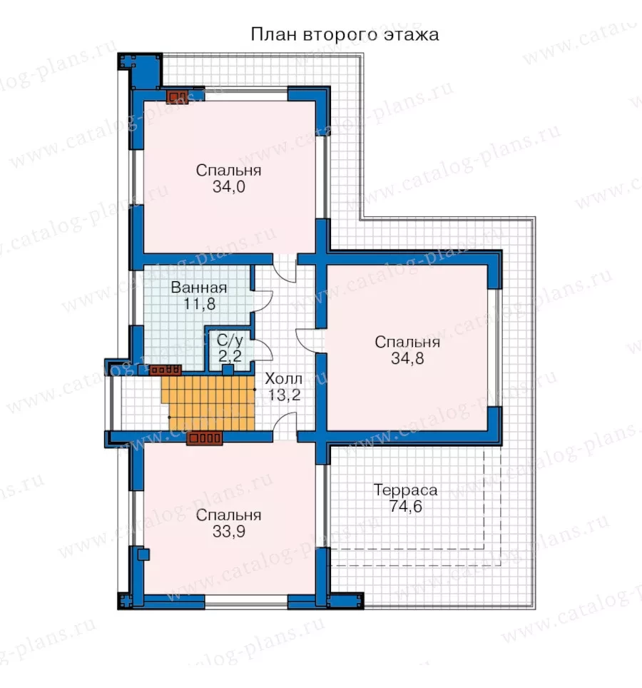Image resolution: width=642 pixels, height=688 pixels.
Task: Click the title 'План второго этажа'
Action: pos(345,35)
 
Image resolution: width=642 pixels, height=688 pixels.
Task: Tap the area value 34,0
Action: pos(229,187)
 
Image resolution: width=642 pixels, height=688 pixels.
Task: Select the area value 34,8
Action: pos(407,358)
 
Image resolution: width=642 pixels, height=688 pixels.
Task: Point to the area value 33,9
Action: pos(229,532)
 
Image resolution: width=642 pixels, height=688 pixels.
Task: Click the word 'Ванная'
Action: pos(199,288)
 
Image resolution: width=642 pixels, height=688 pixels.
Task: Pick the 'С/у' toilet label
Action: pos(230,340)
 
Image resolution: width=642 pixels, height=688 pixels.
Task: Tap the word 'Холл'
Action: pos(284,378)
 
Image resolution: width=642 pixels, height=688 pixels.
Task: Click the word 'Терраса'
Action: pos(406,490)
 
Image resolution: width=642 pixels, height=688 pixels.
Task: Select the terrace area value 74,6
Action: pos(406,506)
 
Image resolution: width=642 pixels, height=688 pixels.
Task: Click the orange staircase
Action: pos(209,403)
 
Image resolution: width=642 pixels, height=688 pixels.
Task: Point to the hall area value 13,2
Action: pos(284,395)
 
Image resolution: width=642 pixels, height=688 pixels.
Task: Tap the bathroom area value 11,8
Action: pos(200,303)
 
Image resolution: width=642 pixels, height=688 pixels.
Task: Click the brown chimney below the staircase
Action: pos(204,438)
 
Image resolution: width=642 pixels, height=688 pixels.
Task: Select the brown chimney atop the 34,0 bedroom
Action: pos(178,96)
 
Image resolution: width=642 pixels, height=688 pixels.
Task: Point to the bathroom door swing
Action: pos(263,300)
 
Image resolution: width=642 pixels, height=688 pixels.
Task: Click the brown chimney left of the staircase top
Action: pos(165,370)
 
